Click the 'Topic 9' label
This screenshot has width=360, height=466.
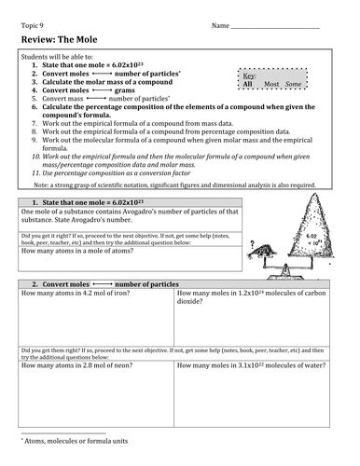[34, 23]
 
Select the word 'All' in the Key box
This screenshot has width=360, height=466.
[248, 84]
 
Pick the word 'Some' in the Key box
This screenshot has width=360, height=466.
[294, 84]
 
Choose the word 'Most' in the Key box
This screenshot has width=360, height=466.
[271, 84]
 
